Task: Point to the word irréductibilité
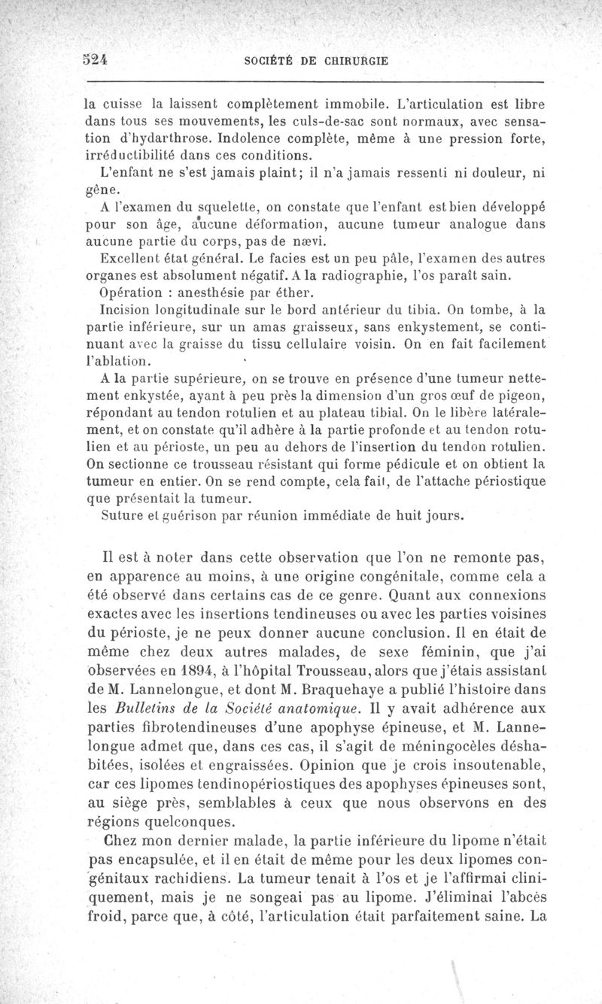point(133,156)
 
